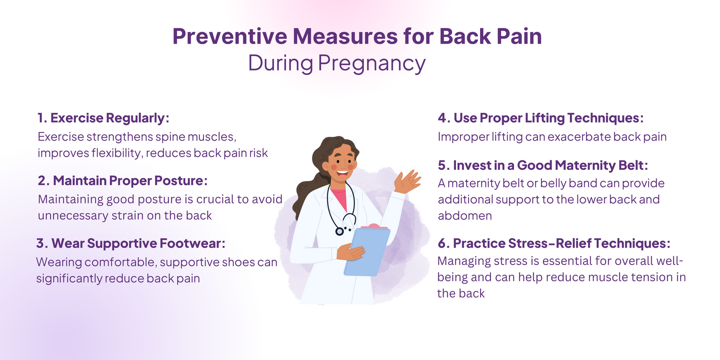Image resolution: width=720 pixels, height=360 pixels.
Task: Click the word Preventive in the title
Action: (230, 36)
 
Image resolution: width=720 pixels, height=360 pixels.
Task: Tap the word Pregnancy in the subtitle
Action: (372, 64)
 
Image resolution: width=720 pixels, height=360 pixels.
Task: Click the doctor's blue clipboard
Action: (367, 252)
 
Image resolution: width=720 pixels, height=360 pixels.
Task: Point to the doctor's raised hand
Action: (407, 182)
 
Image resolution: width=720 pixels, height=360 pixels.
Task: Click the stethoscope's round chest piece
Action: (339, 231)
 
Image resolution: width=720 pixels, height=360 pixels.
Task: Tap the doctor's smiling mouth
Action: (342, 174)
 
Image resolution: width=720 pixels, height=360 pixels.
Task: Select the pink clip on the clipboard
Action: (374, 226)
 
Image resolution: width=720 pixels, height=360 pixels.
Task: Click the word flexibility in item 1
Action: (116, 153)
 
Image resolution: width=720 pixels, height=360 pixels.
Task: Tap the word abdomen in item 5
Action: (465, 216)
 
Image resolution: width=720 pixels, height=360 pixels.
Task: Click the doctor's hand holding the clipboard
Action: (350, 252)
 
